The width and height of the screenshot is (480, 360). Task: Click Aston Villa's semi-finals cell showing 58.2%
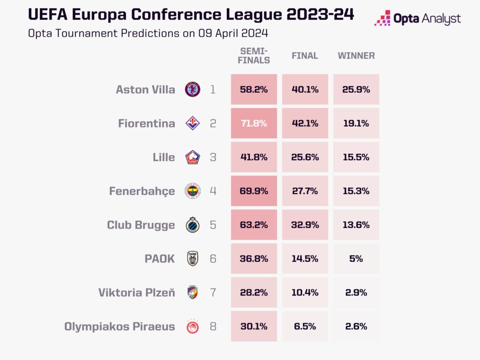click(254, 90)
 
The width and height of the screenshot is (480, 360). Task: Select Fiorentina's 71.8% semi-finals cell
click(254, 123)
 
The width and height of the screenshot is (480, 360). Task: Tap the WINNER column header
click(356, 56)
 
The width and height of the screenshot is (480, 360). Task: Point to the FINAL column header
click(305, 56)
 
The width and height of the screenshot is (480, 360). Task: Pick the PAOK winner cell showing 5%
click(356, 259)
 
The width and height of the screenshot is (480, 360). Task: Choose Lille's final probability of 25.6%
click(305, 157)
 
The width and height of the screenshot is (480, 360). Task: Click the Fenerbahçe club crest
click(193, 191)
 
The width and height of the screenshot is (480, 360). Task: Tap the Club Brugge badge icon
click(193, 225)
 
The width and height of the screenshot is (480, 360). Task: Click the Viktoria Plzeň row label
click(137, 292)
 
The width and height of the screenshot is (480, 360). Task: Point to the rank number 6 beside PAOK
click(213, 259)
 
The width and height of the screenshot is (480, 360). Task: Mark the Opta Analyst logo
click(417, 19)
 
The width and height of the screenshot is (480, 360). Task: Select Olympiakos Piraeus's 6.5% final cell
click(305, 326)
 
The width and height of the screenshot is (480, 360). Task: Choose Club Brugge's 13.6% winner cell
click(356, 225)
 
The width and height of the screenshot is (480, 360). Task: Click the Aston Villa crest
click(193, 90)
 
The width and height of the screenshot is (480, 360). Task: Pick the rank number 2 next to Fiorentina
click(213, 124)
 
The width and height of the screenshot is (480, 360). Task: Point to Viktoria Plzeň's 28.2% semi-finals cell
click(254, 292)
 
